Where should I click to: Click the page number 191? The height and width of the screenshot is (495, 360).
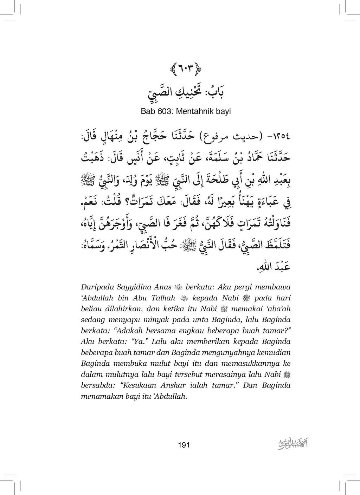tap(184, 445)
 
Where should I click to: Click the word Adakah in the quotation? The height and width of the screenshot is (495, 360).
tap(131, 331)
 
